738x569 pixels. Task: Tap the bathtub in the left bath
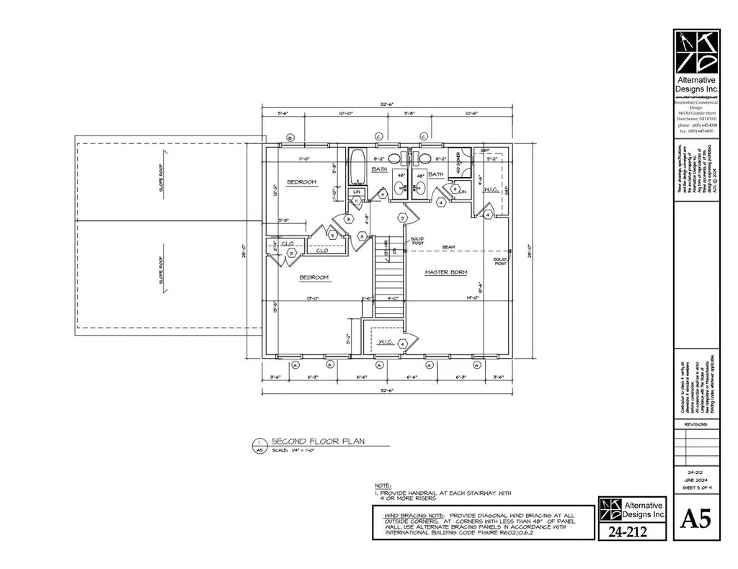pyautogui.click(x=357, y=168)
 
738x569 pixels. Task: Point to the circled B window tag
pyautogui.click(x=290, y=137)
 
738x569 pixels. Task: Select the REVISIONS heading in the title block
pyautogui.click(x=695, y=424)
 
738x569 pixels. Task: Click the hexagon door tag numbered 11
pyautogui.click(x=356, y=201)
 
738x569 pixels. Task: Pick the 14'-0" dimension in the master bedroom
pyautogui.click(x=472, y=297)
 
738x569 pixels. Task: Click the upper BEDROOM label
pyautogui.click(x=301, y=182)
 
